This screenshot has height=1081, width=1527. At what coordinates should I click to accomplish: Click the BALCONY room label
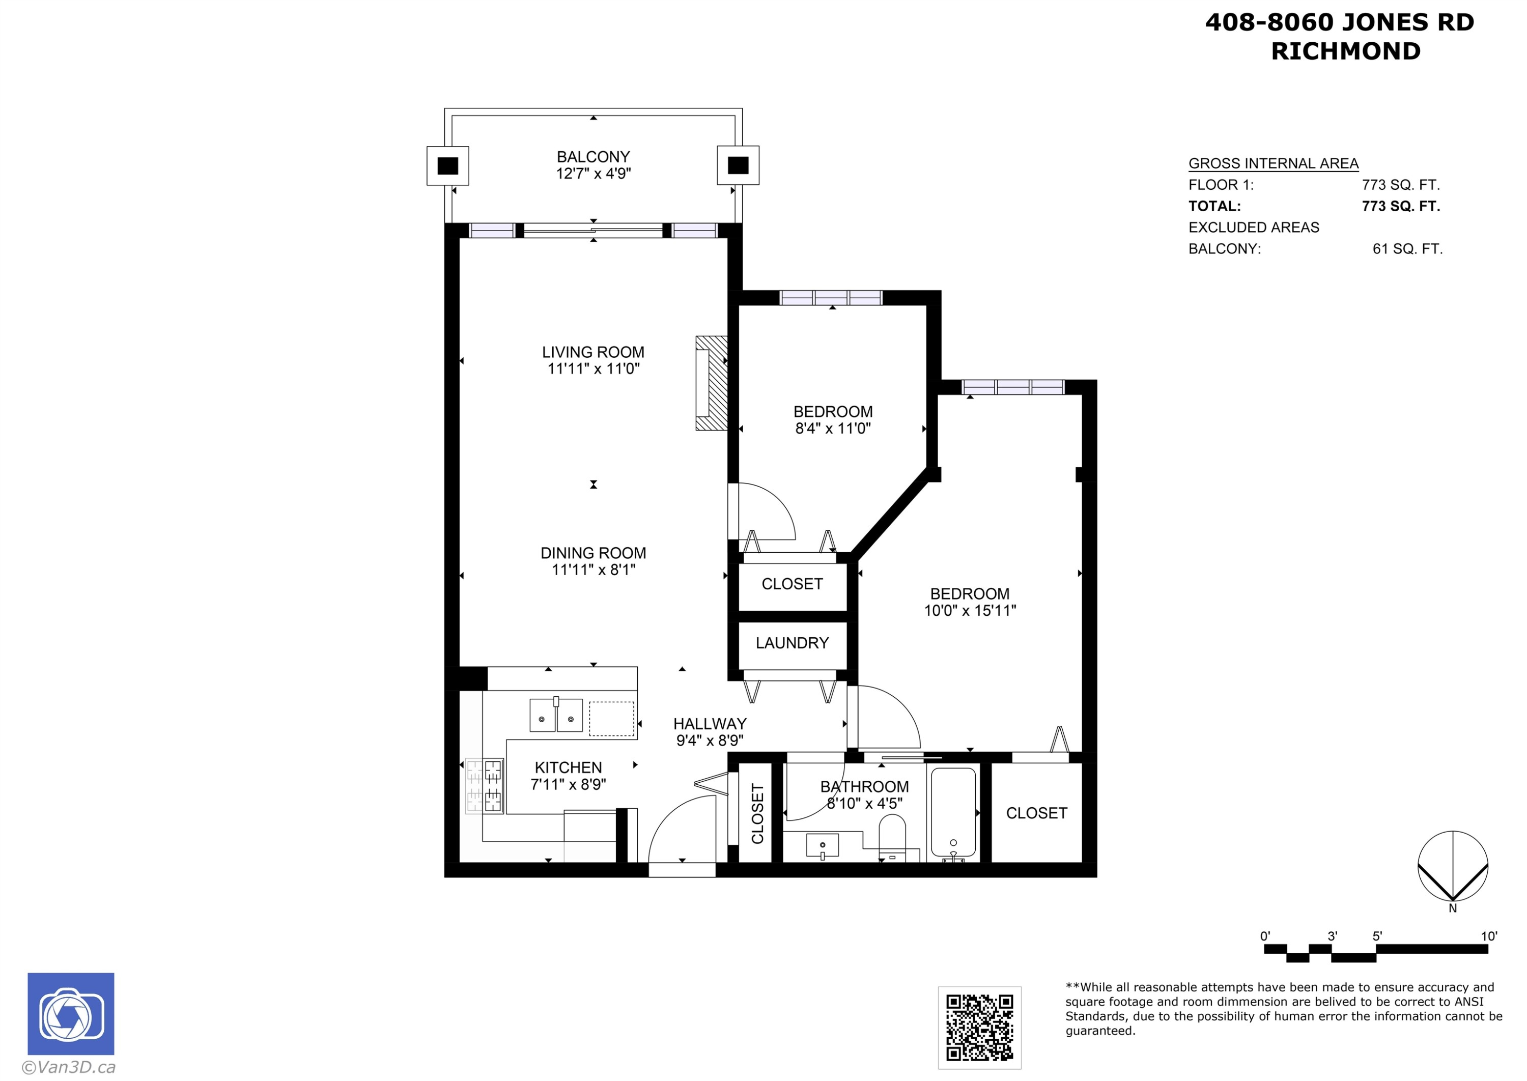pos(593,157)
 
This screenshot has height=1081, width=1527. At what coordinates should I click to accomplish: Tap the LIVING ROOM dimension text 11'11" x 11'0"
pos(593,369)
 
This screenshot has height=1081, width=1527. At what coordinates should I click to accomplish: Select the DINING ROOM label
pos(593,553)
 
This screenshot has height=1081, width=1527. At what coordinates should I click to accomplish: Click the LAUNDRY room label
pos(792,643)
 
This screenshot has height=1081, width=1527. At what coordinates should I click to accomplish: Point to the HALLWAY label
pos(710,724)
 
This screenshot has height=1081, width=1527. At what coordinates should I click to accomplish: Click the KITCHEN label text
pos(568,767)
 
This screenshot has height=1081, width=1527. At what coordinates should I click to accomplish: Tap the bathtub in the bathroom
pos(953,812)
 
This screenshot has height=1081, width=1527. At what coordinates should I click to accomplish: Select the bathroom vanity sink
pos(822,846)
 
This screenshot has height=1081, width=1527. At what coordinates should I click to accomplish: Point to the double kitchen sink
pos(556,716)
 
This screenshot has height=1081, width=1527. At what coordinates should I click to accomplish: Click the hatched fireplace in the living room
pos(711,383)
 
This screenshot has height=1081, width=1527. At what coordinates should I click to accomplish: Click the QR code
pos(980,1028)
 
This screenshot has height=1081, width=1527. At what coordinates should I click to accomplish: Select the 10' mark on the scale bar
pos(1489,936)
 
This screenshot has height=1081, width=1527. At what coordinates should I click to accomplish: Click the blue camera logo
pos(71,1014)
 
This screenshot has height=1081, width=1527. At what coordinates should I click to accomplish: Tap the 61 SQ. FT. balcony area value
pos(1407,249)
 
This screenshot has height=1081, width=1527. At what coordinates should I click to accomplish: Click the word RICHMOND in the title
pos(1346,51)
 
